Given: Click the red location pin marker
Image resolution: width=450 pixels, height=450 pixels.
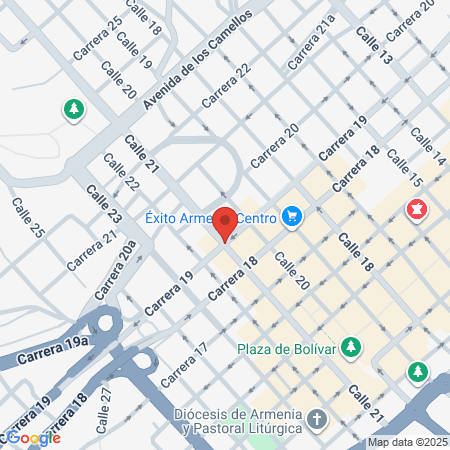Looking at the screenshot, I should click(x=225, y=222).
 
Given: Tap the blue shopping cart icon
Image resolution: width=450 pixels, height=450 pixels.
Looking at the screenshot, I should click(x=292, y=216).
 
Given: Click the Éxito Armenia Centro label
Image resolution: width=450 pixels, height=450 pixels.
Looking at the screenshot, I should click(x=210, y=216).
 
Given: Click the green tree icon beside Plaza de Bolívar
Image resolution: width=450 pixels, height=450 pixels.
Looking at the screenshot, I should click(x=351, y=347).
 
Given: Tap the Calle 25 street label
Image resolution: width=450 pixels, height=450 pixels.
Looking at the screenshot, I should click(x=28, y=218).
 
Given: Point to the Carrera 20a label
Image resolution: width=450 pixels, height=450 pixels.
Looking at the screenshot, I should click(x=115, y=271).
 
